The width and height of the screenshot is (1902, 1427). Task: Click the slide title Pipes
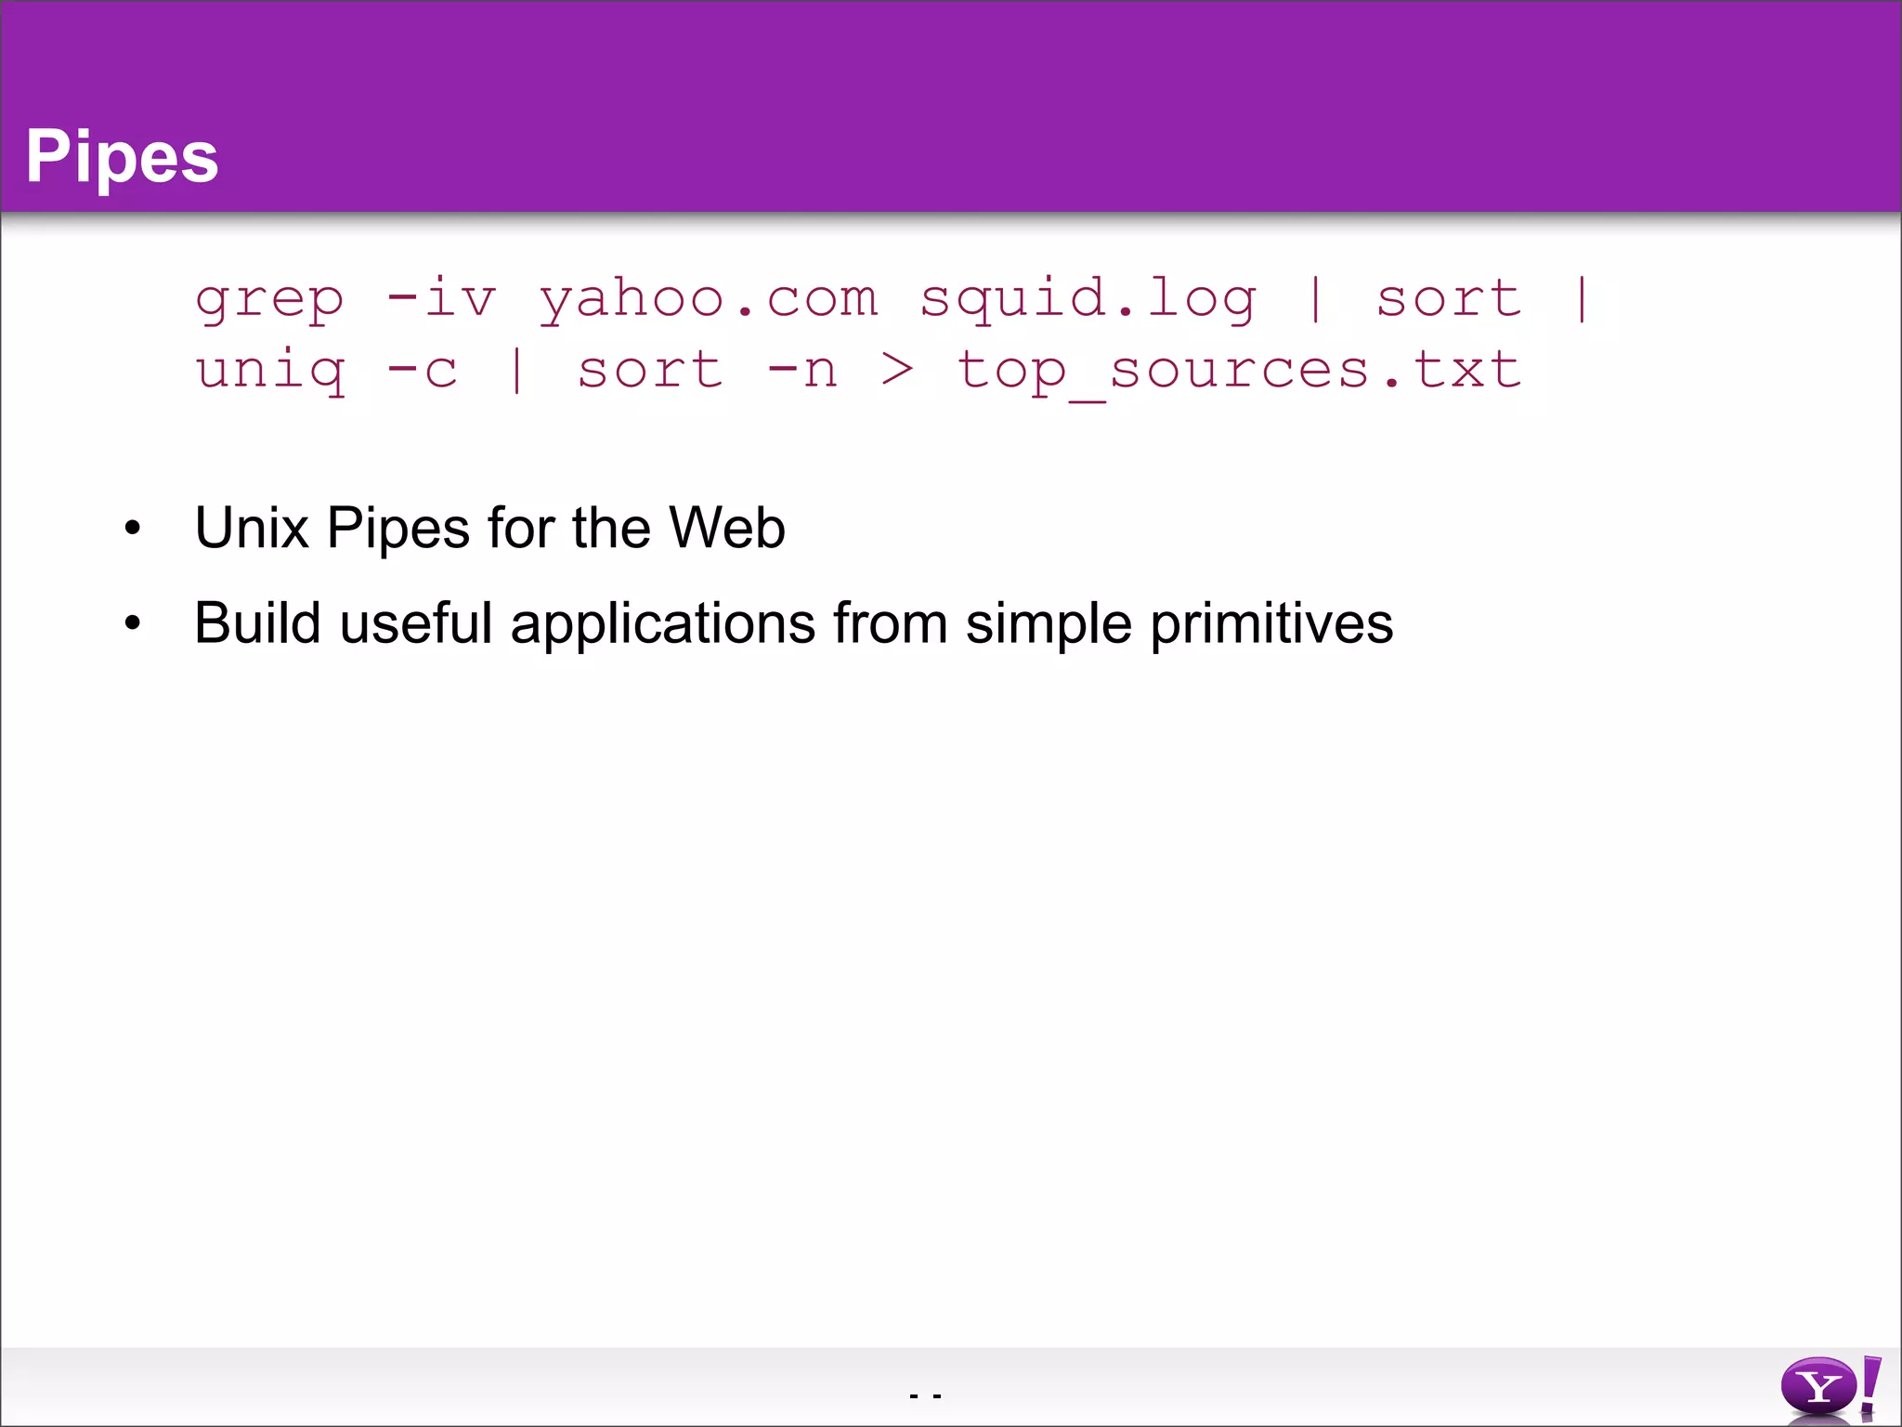pos(122,156)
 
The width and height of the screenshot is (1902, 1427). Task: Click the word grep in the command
pos(269,299)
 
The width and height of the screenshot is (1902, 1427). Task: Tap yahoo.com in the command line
pos(709,299)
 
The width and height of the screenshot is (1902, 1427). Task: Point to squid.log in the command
pos(1088,299)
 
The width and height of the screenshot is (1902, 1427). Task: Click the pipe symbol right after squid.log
pos(1315,299)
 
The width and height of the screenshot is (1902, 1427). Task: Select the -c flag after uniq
pos(423,371)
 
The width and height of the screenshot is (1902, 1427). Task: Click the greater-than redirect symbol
pos(897,371)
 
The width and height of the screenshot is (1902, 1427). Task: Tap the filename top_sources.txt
pos(1239,371)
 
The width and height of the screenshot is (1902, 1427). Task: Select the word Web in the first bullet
pos(726,528)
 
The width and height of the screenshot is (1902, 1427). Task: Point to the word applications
pos(663,624)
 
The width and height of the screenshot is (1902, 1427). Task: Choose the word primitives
pos(1271,624)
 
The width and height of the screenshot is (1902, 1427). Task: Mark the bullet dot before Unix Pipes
pos(133,529)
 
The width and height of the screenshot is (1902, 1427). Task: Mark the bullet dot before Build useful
pos(133,623)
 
